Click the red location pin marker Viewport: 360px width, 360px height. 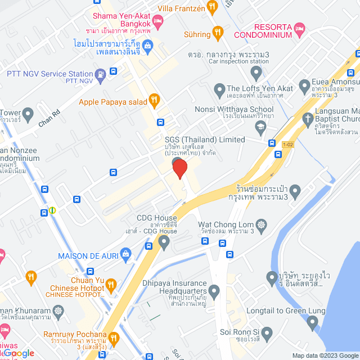(179, 168)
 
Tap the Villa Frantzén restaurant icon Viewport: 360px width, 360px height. (212, 7)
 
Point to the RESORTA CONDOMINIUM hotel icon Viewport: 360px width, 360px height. (300, 27)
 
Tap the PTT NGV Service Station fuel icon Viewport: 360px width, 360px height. (100, 74)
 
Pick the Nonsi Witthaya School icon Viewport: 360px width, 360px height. (260, 128)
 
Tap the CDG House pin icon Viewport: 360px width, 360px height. (164, 242)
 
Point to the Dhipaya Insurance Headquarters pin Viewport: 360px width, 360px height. (214, 291)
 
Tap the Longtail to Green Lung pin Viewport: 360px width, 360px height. (313, 322)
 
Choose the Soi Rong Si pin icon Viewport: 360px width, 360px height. (267, 334)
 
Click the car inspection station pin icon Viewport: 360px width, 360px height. (256, 72)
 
